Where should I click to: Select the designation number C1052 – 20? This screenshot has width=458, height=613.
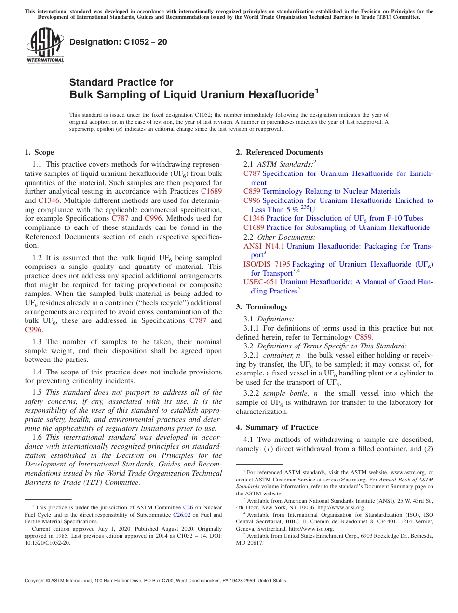pyautogui.click(x=118, y=42)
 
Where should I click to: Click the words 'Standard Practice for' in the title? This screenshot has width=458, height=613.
pyautogui.click(x=121, y=82)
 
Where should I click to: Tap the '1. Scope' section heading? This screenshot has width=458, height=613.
pyautogui.click(x=40, y=152)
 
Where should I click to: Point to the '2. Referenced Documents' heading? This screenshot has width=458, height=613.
pyautogui.click(x=280, y=152)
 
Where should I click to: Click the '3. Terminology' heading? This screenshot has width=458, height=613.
pyautogui.click(x=262, y=307)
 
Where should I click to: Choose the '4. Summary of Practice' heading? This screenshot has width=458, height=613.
pyautogui.click(x=277, y=427)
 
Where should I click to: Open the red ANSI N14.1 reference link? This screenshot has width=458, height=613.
pyautogui.click(x=264, y=246)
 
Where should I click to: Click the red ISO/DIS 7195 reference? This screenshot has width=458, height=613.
pyautogui.click(x=267, y=264)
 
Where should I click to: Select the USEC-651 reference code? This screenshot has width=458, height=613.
pyautogui.click(x=260, y=282)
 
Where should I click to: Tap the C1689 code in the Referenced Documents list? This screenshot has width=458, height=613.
pyautogui.click(x=254, y=227)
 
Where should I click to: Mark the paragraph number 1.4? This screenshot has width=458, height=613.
pyautogui.click(x=37, y=372)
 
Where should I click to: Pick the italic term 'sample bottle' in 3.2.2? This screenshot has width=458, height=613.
pyautogui.click(x=280, y=393)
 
